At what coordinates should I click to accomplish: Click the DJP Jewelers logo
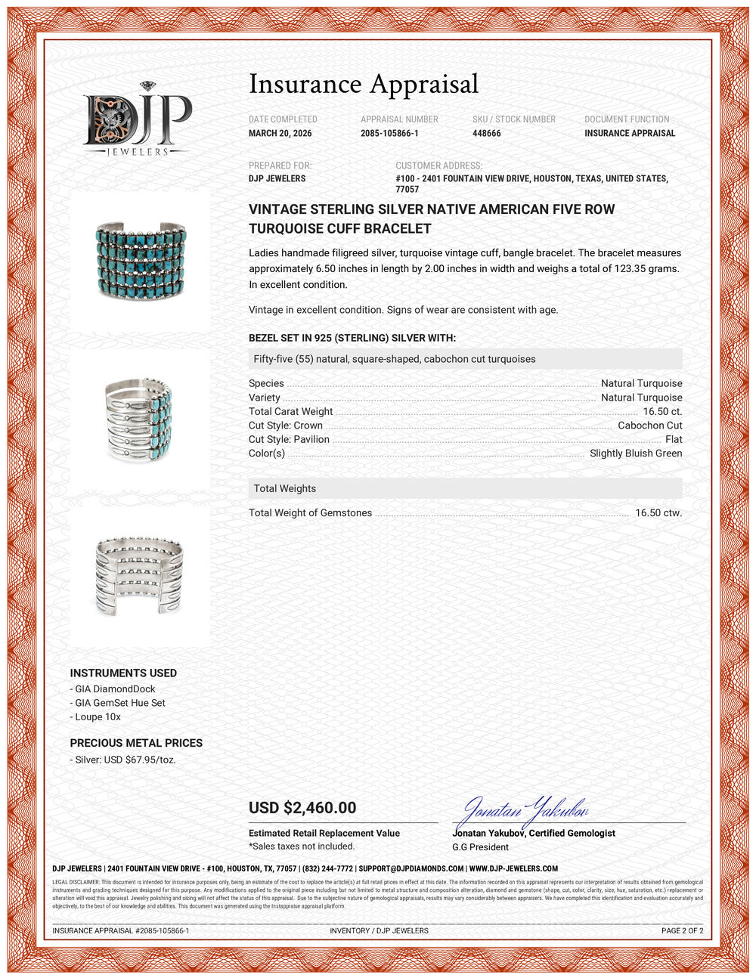[138, 119]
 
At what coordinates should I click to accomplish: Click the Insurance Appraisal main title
[364, 84]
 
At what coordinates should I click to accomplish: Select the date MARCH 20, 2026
[280, 133]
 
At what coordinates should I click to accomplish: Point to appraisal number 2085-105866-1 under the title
[389, 133]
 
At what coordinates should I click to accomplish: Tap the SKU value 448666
[486, 133]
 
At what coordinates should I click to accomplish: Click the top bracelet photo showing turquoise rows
[141, 258]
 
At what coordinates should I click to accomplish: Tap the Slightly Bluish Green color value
[636, 453]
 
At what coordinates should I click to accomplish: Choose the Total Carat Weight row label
[291, 412]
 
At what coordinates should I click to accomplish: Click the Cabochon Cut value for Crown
[649, 426]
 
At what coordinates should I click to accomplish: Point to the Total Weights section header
[285, 488]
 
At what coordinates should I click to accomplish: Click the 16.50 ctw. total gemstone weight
[658, 512]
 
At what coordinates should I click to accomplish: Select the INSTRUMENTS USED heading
[123, 673]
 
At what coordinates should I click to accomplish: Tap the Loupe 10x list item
[98, 716]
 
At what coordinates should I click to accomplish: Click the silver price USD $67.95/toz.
[125, 760]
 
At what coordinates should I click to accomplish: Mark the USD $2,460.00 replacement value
[302, 807]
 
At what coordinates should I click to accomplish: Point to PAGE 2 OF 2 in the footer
[682, 930]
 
